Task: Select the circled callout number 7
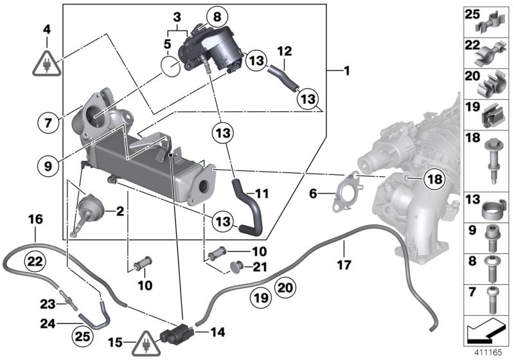click(48, 122)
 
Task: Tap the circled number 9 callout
click(48, 165)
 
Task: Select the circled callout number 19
click(258, 297)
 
